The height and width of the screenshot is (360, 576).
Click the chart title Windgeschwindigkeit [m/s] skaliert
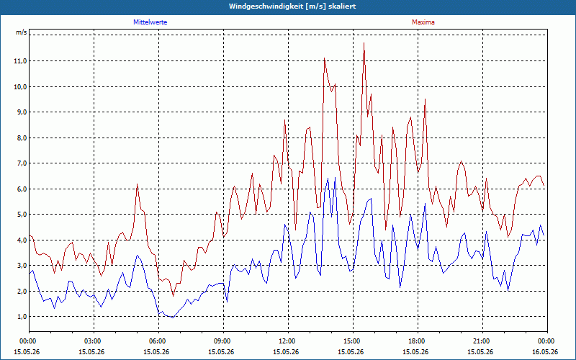[292, 6]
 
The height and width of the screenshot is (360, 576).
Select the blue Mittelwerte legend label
[150, 22]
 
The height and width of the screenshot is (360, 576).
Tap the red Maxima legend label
[423, 22]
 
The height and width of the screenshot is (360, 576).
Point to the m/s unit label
[22, 32]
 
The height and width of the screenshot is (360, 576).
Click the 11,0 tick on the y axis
[20, 61]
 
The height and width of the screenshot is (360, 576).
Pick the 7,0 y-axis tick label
[20, 163]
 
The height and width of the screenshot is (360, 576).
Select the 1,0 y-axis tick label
[20, 317]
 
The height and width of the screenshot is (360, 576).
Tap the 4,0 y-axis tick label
[20, 240]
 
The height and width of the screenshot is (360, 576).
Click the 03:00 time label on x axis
[94, 341]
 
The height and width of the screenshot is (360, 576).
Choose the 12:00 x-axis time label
[289, 341]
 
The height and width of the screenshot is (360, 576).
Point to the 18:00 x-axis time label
[418, 341]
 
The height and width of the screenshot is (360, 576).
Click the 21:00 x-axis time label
[482, 341]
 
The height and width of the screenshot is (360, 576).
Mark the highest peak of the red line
[364, 43]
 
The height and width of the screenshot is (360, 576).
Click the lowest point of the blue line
[173, 318]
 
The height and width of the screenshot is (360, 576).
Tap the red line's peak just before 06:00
[137, 184]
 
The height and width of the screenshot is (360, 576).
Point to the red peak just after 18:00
[425, 99]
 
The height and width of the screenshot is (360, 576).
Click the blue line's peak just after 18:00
[425, 203]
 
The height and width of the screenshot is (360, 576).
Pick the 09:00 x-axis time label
[223, 341]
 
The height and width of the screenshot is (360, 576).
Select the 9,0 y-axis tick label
[20, 112]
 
